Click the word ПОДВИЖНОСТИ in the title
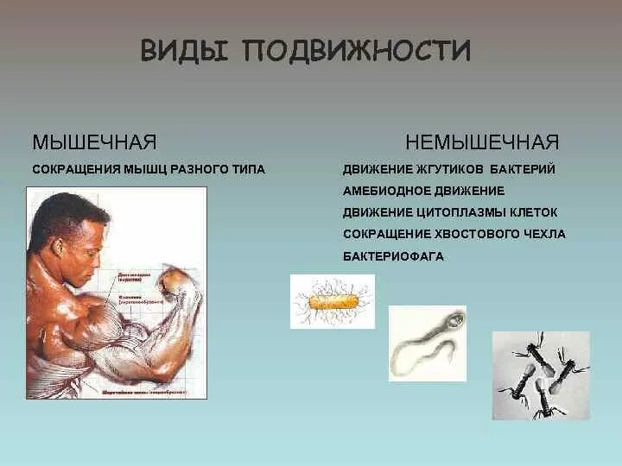click(357, 51)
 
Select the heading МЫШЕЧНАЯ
click(94, 142)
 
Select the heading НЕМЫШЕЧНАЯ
click(483, 142)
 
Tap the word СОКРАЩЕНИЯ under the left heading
click(73, 169)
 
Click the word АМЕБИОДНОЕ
click(390, 191)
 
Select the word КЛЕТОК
click(532, 212)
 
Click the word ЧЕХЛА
click(543, 234)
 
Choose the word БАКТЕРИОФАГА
click(393, 256)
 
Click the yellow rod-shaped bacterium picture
click(333, 301)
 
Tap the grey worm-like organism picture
click(427, 343)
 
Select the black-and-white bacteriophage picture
click(541, 375)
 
